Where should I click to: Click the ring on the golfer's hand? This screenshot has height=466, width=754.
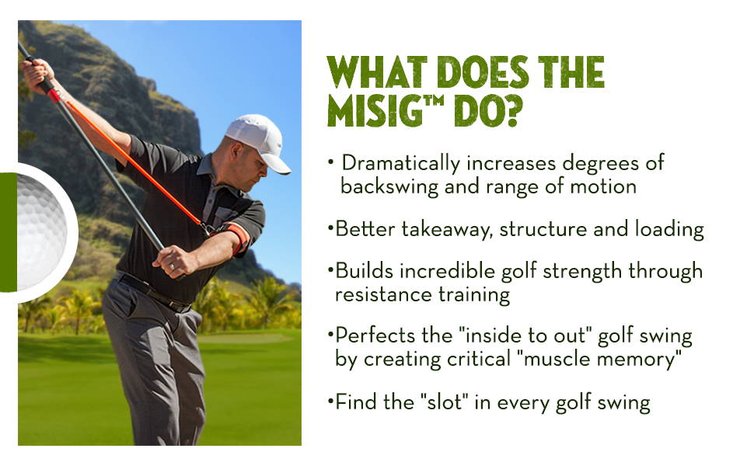(x=172, y=266)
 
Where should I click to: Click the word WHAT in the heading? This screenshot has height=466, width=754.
(x=377, y=72)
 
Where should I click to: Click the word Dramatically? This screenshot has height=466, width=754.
(x=400, y=164)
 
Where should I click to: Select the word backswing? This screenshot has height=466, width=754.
(x=389, y=187)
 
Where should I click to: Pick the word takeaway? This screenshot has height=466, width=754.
(x=447, y=229)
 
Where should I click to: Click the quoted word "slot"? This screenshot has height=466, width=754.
(x=447, y=401)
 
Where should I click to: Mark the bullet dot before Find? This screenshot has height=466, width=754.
(x=330, y=400)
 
